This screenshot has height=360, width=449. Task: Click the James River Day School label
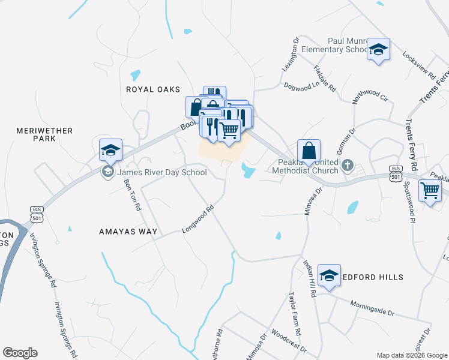161,173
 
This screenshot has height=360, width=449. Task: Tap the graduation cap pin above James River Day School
110,149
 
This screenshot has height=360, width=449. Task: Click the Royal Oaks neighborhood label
153,89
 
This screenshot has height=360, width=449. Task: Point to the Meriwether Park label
44,134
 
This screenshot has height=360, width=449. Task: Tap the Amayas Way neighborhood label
128,231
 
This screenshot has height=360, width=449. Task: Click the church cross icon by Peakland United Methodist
347,164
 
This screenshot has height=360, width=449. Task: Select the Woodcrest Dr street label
289,340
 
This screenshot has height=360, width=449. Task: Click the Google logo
20,353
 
